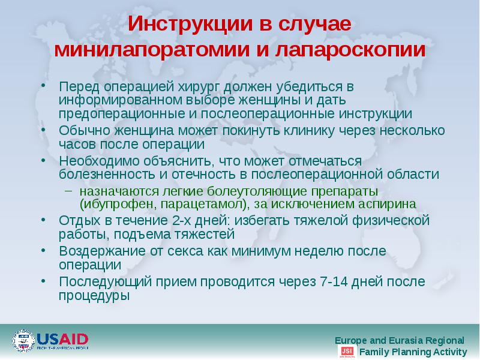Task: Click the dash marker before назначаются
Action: click(69, 191)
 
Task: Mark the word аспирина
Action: click(385, 204)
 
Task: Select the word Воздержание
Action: click(98, 251)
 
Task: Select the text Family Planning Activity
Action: click(412, 352)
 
